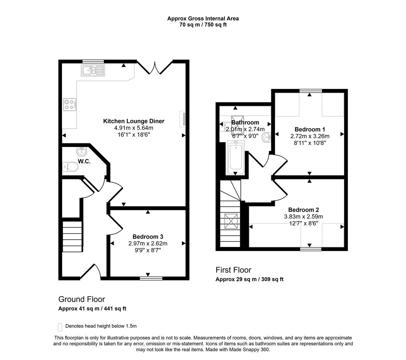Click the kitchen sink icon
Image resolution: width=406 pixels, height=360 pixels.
tap(92, 70)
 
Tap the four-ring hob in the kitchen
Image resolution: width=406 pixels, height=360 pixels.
tap(70, 105)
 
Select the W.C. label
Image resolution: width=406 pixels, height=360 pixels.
tap(84, 161)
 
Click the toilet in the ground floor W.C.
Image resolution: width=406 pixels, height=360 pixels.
tap(70, 167)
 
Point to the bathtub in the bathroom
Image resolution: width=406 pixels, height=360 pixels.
tap(236, 158)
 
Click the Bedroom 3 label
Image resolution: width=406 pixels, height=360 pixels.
tap(148, 237)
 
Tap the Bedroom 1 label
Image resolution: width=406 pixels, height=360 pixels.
tap(310, 129)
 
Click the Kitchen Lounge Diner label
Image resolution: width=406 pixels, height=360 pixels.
tap(133, 121)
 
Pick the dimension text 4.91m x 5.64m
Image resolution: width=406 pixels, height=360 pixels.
tap(133, 128)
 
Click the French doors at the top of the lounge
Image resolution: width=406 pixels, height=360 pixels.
tap(154, 67)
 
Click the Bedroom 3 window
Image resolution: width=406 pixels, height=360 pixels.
tap(151, 278)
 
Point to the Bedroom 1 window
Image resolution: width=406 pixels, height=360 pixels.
tap(311, 91)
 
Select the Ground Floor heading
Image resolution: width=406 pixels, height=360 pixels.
tap(81, 299)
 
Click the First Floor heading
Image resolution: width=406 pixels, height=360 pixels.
tap(233, 270)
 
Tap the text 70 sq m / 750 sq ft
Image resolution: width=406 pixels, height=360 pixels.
tap(203, 25)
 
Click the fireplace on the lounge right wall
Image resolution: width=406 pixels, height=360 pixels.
tap(182, 119)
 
